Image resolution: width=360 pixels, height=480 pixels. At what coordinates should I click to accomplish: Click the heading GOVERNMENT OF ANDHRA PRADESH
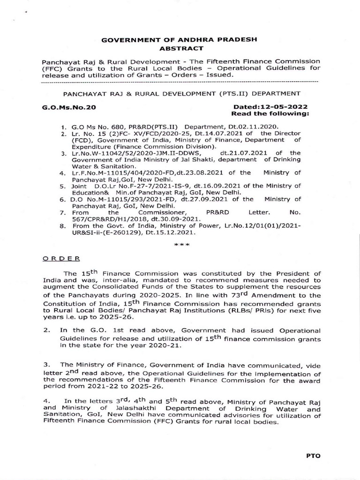point(180,39)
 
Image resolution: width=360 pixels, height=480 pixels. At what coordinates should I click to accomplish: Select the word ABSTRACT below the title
point(180,48)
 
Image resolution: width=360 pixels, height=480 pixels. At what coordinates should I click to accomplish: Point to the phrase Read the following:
point(271,114)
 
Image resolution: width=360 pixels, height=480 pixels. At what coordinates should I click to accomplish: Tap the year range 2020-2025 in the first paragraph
point(166,295)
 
